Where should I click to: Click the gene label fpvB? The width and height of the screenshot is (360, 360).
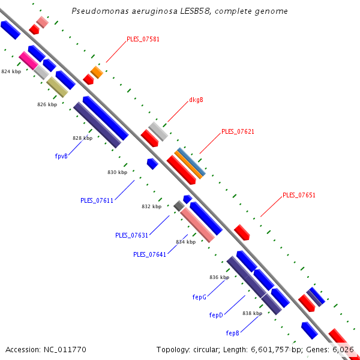61,155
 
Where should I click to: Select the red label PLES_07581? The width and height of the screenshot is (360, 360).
143,40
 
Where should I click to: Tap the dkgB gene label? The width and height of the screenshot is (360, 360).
196,100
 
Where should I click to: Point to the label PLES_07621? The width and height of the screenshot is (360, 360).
238,131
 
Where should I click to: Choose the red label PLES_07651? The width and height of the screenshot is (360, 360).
299,195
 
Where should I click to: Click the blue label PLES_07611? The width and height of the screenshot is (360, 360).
97,200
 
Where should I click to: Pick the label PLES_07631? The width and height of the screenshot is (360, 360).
131,235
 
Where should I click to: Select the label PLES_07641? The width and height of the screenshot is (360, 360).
149,254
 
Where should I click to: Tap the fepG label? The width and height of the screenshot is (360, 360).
199,297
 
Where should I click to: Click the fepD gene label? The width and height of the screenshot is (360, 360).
216,315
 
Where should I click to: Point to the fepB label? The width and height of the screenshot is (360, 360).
233,333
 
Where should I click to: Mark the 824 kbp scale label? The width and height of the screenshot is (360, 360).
11,71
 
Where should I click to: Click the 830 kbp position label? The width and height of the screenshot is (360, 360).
118,172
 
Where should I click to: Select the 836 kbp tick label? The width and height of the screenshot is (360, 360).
219,277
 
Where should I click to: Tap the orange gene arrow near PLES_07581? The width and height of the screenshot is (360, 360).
97,72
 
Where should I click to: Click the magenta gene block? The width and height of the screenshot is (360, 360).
28,59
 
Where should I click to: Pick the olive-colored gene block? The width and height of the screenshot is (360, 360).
57,86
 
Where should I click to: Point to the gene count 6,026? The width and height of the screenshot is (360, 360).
343,349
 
